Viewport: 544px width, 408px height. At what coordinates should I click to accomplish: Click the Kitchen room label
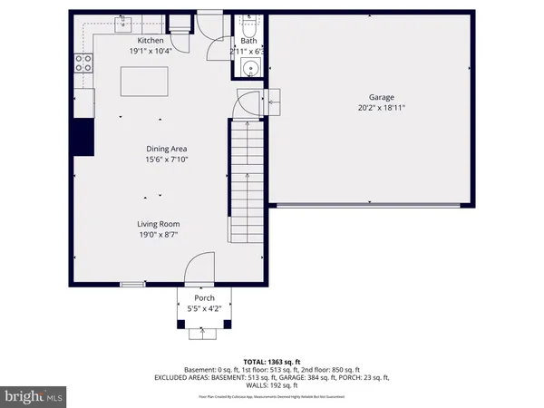click(x=150, y=41)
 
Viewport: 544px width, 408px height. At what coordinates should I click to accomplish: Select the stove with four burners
click(x=83, y=63)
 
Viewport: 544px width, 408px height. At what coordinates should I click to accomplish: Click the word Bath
click(x=248, y=41)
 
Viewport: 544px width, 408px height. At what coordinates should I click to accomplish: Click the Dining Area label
click(x=167, y=149)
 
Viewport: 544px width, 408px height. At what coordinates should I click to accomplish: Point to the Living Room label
click(x=160, y=223)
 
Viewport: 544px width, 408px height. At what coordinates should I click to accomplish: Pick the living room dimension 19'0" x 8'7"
click(x=160, y=235)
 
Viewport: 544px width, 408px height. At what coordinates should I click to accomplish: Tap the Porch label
click(x=205, y=297)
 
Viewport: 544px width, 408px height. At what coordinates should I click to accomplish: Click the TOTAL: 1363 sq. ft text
click(x=271, y=362)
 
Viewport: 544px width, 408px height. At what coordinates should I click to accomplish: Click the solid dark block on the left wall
click(x=83, y=136)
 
